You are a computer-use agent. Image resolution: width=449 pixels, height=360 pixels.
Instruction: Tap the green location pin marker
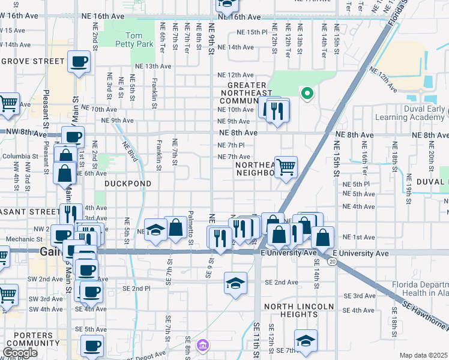(307, 93)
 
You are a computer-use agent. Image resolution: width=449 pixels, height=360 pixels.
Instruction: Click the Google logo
(20, 353)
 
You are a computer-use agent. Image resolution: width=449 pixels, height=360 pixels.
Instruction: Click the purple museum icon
(203, 346)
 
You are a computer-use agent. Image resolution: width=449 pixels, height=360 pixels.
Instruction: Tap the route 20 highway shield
(331, 262)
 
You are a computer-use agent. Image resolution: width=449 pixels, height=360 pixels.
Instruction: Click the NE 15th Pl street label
(251, 32)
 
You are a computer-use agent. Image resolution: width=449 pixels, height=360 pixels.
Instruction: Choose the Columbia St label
(20, 157)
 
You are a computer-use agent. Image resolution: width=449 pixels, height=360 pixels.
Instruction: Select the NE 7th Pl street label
(232, 145)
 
